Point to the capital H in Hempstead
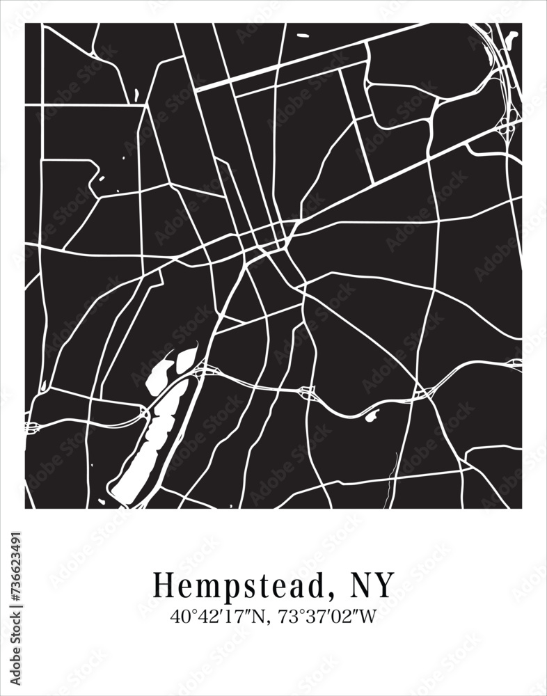tap(162, 585)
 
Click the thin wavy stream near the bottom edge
tap(391, 480)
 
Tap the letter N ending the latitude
tap(262, 617)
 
